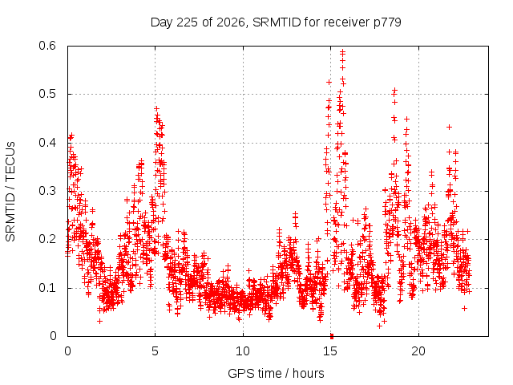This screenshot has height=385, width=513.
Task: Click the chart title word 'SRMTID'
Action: click(x=277, y=22)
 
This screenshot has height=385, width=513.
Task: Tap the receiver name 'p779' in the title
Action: click(x=387, y=23)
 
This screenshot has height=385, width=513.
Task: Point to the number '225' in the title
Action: click(x=187, y=22)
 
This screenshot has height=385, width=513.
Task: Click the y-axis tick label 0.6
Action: click(x=47, y=46)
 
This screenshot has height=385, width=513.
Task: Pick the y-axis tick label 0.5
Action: click(x=47, y=94)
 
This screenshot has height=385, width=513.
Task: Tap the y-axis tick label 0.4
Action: click(x=47, y=143)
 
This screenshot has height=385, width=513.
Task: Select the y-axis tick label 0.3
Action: click(x=47, y=191)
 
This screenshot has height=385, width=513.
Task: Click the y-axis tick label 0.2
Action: click(x=47, y=239)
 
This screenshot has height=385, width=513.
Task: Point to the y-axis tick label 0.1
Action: click(x=47, y=288)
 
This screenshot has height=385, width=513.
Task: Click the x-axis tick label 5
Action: click(x=155, y=351)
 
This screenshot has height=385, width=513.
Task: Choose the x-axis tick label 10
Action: click(x=243, y=351)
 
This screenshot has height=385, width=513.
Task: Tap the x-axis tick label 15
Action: click(x=330, y=351)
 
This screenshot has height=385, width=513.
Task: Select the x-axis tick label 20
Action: click(x=418, y=351)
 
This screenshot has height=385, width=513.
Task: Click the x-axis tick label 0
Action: click(x=67, y=351)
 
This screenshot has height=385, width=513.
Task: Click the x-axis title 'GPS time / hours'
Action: click(x=276, y=373)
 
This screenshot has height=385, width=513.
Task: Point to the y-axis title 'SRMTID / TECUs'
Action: click(x=10, y=192)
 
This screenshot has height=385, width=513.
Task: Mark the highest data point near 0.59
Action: click(x=342, y=51)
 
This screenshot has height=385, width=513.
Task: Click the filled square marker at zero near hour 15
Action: click(x=332, y=336)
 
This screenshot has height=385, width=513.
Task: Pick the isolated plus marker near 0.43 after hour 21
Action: click(x=449, y=127)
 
